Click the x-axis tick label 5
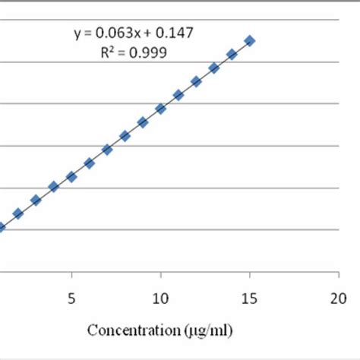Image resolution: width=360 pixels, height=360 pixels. coord(71,298)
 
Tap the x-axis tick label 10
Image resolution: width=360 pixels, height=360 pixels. coord(160,298)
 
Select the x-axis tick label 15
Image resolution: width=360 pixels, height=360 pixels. coord(249,298)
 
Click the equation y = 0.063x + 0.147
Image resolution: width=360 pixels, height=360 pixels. coord(133,33)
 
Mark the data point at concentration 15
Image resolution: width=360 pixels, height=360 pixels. coord(249,40)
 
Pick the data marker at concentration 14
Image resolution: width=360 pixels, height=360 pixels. coord(232,54)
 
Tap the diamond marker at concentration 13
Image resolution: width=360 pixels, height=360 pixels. coord(214,68)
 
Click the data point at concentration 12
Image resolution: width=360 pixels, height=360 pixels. coord(196,81)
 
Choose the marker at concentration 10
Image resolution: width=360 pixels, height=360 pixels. coord(160,109)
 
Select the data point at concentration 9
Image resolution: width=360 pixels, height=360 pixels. coord(143,122)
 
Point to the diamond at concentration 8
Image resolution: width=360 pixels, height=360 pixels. coord(125,136)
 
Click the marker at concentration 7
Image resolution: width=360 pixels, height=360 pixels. coord(107,150)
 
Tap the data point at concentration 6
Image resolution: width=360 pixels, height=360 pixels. coord(90,163)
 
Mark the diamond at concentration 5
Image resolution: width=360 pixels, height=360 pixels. coord(71,176)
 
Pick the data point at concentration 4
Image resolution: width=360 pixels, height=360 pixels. coord(54,186)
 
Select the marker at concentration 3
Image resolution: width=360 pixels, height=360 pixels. coord(36,200)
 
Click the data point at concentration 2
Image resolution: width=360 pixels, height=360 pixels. coord(18,213)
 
